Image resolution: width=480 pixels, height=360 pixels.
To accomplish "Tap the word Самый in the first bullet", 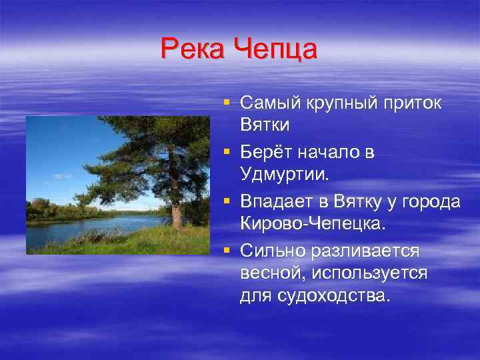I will pos(270,103).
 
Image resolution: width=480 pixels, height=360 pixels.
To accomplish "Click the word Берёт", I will pos(265,153).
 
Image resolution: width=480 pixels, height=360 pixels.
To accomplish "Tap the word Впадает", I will pos(275,202).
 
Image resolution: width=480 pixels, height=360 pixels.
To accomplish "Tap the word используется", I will pos(375,274).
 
